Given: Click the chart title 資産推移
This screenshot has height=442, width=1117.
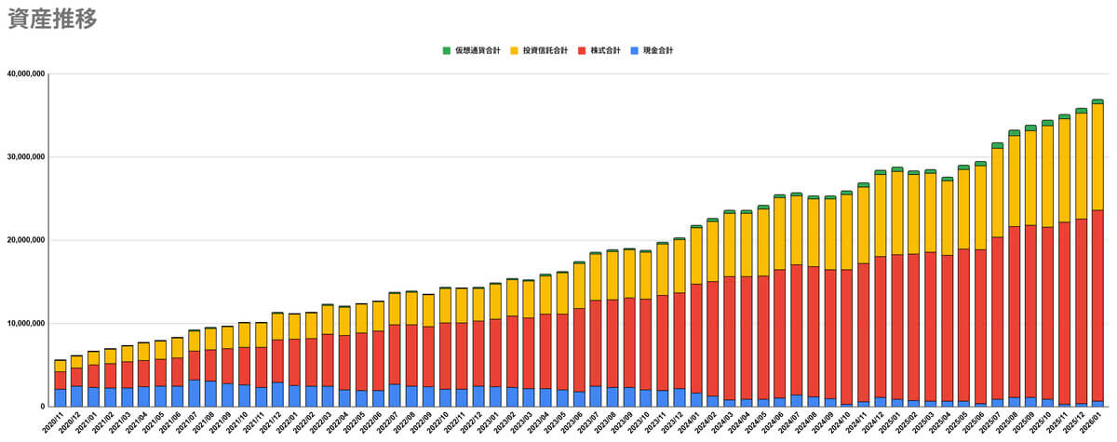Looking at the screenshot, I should (51, 20).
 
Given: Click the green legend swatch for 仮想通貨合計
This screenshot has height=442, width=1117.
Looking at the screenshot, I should (447, 50).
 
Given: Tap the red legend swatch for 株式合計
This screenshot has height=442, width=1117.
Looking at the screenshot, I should (583, 50).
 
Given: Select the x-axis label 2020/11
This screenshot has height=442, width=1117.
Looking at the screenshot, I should (54, 424).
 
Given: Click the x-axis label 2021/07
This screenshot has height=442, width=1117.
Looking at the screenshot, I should (188, 424).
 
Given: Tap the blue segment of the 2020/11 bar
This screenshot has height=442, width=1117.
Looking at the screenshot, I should (61, 397).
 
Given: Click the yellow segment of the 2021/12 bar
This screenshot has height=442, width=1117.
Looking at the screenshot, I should (277, 327).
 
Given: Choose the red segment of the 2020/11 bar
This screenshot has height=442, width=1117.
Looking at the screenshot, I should (61, 380).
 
